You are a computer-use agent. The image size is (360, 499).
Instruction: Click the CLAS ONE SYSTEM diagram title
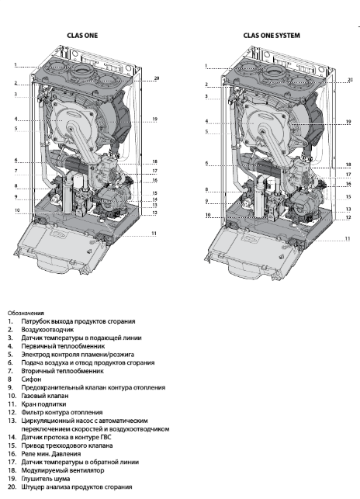click(x=272, y=36)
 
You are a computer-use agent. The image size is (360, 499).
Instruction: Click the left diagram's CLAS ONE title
click(x=82, y=36)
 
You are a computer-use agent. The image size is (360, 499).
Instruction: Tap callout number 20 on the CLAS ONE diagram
click(x=156, y=78)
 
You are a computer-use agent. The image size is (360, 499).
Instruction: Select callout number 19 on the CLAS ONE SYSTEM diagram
click(x=348, y=122)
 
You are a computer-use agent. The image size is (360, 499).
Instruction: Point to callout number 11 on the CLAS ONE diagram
click(x=154, y=234)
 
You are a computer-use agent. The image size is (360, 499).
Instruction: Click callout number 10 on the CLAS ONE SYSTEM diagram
click(x=208, y=215)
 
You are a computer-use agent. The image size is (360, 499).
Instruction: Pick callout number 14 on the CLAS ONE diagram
click(x=155, y=199)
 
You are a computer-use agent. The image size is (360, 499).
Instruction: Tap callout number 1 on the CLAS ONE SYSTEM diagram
click(x=206, y=66)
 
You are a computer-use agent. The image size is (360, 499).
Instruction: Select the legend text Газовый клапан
click(x=45, y=396)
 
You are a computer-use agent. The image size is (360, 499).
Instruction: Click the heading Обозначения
click(x=26, y=313)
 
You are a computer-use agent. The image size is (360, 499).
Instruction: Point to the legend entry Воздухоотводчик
click(x=47, y=330)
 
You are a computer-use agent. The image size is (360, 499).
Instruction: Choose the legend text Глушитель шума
click(x=46, y=479)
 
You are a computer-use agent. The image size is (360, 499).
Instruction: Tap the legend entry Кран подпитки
click(x=43, y=404)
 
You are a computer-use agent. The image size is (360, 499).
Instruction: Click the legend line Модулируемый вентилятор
click(x=63, y=470)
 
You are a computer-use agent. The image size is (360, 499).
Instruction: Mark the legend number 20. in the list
click(x=12, y=487)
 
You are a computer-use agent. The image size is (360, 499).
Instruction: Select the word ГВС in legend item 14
click(x=106, y=437)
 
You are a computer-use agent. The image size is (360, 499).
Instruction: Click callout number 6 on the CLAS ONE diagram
click(x=16, y=160)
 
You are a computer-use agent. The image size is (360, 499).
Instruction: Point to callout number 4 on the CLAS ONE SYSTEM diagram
click(x=206, y=121)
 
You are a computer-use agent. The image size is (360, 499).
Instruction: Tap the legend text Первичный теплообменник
click(x=63, y=346)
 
